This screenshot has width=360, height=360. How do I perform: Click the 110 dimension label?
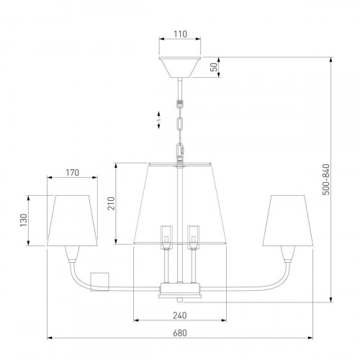[180, 34]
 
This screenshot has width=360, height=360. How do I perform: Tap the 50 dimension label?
[214, 67]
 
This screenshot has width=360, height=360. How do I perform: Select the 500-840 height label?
[326, 179]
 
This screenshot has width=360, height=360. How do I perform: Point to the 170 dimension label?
[72, 172]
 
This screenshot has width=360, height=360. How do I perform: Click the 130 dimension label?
[24, 220]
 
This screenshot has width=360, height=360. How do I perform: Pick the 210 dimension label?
[111, 203]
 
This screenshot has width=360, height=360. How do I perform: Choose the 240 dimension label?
[180, 315]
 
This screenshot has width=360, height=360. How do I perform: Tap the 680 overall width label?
[180, 333]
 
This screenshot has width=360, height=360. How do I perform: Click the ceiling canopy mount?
[180, 67]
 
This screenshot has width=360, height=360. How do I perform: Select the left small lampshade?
[72, 220]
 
